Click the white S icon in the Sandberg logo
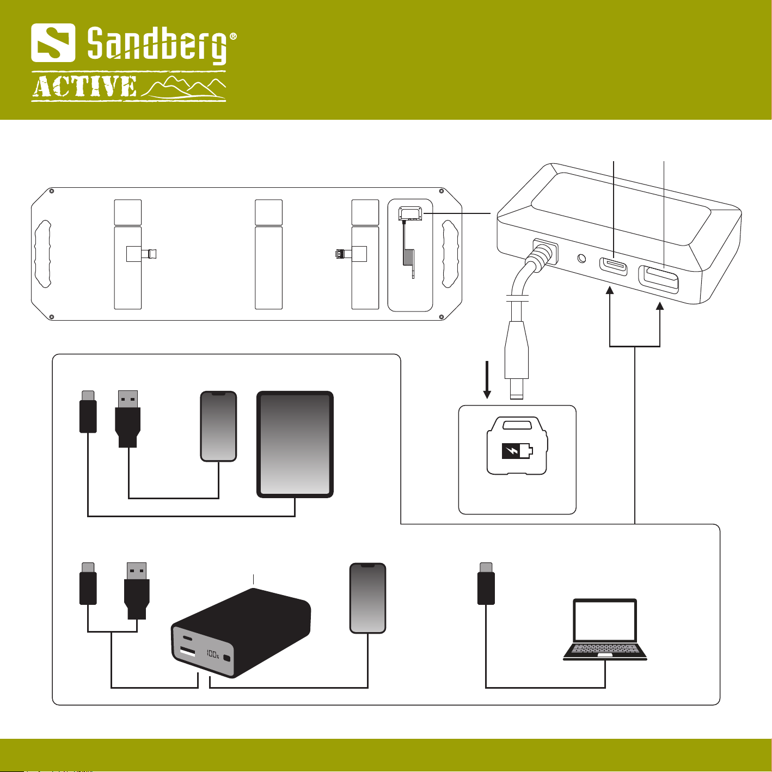point(53,42)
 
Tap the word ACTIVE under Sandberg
point(84,88)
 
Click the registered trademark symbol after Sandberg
point(233,36)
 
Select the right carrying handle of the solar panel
point(450,254)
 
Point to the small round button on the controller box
point(582,258)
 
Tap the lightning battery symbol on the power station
point(516,451)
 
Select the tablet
point(295,444)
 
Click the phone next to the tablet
point(218,426)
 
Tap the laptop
point(605,629)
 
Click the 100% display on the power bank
point(212,653)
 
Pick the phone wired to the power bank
point(367,598)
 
